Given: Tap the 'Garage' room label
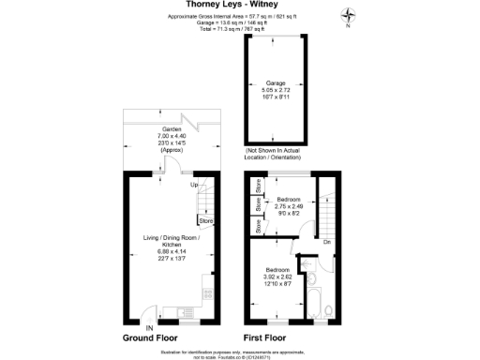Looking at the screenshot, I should tap(275, 82).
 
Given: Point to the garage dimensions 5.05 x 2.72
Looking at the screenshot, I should tap(275, 90).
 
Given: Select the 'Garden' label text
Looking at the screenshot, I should tap(172, 130).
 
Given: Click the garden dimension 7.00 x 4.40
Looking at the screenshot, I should tap(172, 137).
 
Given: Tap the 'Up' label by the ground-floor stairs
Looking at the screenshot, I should tap(194, 185).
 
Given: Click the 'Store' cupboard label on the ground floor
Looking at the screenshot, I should tap(204, 221).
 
